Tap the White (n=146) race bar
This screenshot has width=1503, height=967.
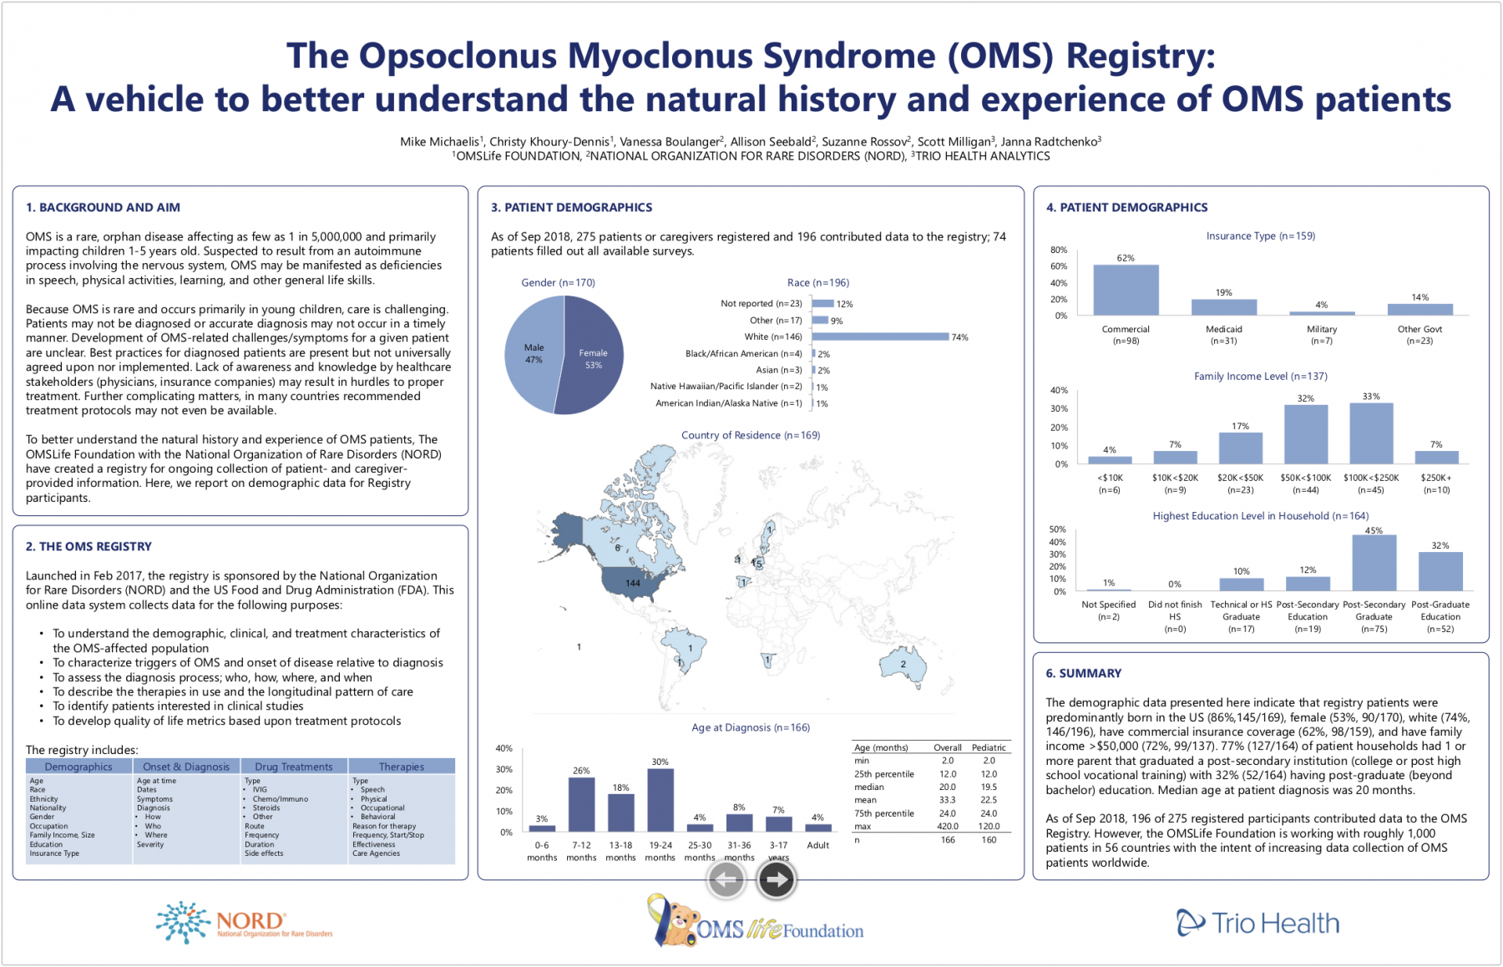click(880, 337)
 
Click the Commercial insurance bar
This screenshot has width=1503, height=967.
click(1126, 291)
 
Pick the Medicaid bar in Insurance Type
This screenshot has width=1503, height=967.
click(1223, 307)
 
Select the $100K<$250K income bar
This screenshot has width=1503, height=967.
click(1371, 433)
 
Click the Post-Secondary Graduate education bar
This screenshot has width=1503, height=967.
click(1374, 563)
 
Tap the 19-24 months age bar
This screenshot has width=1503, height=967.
click(660, 800)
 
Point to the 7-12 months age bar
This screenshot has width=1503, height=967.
click(581, 804)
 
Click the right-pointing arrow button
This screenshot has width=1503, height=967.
click(777, 879)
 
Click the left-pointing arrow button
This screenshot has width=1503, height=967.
click(726, 879)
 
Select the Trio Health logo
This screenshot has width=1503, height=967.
click(1258, 923)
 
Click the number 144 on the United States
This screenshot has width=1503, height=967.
click(633, 583)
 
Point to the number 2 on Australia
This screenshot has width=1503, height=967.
click(903, 665)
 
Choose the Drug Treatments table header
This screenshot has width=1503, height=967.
click(294, 767)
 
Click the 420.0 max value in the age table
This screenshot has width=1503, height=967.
click(948, 827)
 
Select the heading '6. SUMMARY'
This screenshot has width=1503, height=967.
click(1083, 673)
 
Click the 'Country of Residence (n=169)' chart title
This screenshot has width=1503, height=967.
click(750, 435)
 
